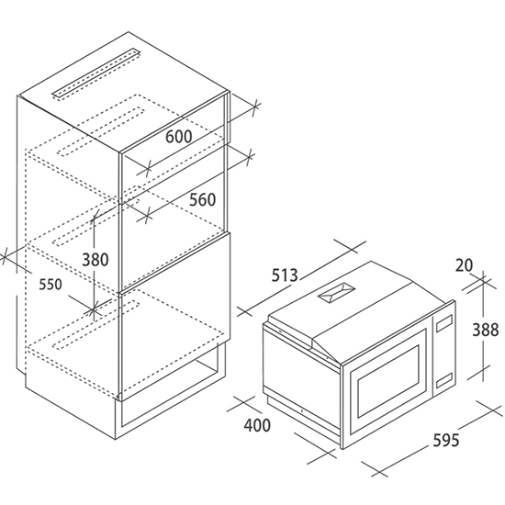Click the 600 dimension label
coord(178,137)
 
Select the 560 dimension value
coord(202,199)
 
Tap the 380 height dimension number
coord(95,260)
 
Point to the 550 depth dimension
coord(50,285)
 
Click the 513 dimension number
coord(285,275)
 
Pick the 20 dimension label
coord(464,265)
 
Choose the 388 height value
coord(486,330)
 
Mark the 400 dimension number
coord(257,425)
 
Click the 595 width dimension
coord(445,440)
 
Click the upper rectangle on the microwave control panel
coord(443,323)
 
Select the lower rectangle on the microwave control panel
coord(443,380)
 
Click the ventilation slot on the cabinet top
coord(96,73)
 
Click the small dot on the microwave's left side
coord(302,410)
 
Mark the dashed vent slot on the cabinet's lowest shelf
coord(96,325)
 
